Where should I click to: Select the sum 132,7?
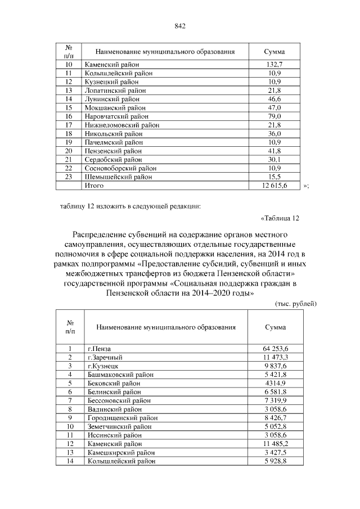273,65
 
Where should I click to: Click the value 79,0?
273,116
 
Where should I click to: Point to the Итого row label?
94,184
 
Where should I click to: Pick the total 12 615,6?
273,184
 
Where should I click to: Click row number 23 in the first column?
69,176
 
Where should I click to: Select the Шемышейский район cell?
118,176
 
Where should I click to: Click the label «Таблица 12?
281,218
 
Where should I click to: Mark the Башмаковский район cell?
120,374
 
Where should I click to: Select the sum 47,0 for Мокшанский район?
273,107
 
